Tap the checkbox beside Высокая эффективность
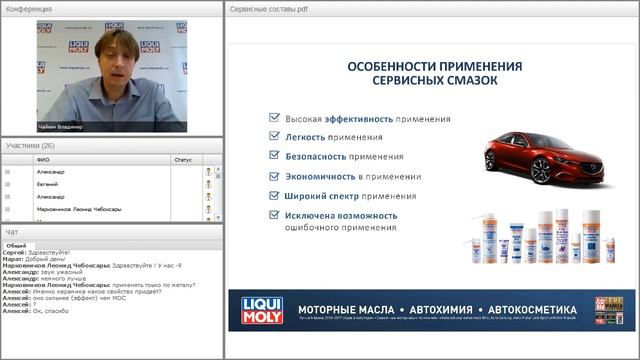[274, 117]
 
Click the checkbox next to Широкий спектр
[274, 195]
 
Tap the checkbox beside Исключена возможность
[274, 214]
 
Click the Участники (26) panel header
[30, 145]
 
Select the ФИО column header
[43, 158]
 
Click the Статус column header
[182, 158]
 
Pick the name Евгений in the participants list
[47, 184]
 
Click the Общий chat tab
[16, 245]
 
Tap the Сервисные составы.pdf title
[268, 8]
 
